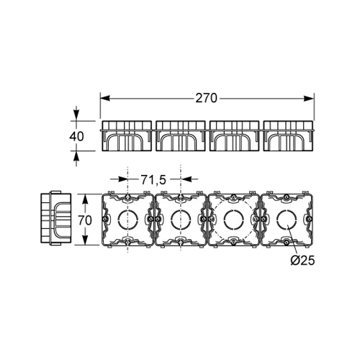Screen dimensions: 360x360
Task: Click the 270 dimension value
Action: (206, 98)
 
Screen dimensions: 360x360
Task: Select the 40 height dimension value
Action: (76, 136)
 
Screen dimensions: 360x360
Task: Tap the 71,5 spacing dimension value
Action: (153, 179)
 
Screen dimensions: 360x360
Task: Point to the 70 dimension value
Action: (85, 220)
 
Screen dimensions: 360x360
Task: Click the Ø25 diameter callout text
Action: (302, 260)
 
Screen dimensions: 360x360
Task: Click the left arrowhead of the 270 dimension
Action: (105, 99)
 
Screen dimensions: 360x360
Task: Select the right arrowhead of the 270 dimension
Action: (309, 99)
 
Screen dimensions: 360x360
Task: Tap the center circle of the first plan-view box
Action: (128, 220)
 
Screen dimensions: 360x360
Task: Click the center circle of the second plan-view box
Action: (181, 220)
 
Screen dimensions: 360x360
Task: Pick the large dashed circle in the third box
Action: (214, 220)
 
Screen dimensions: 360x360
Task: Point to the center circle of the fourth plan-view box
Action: (287, 220)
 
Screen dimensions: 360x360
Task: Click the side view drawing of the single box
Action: (56, 218)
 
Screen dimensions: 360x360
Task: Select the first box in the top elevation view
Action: (127, 136)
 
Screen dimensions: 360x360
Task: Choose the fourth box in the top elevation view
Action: (288, 136)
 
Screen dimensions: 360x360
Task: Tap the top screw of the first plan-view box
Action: (127, 197)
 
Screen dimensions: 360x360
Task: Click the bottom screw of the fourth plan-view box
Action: (286, 243)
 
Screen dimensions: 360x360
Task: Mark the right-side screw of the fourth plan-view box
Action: (310, 219)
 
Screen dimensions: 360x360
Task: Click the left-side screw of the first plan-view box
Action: (104, 219)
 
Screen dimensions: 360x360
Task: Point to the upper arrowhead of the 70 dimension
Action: (84, 199)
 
